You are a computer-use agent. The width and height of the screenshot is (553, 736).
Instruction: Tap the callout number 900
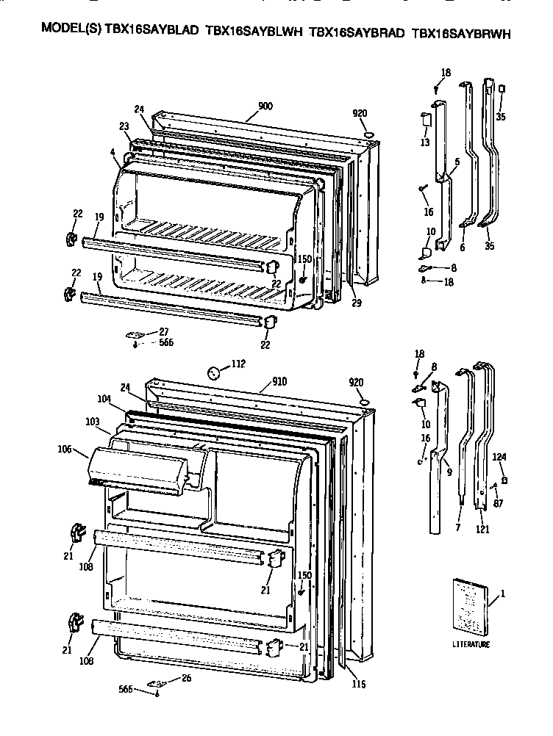[265, 106]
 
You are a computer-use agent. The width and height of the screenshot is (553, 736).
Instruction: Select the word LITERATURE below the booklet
[471, 644]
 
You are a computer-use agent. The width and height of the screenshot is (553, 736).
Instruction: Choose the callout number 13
[425, 142]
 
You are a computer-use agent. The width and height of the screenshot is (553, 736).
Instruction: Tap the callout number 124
[500, 457]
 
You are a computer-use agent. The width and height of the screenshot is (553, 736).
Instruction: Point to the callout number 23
[124, 126]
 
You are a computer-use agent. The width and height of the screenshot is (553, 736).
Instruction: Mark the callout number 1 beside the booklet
[503, 593]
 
